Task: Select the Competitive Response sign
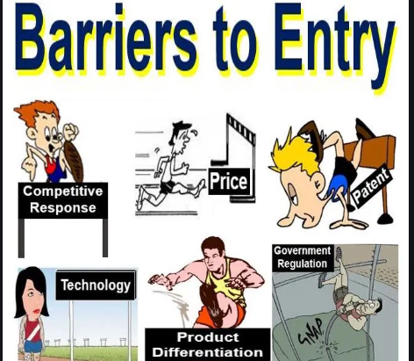tap(63, 199)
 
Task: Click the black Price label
tap(229, 182)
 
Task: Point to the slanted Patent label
tap(371, 187)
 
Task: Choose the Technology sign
tap(96, 285)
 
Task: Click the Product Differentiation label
tap(208, 344)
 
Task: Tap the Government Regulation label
tap(303, 257)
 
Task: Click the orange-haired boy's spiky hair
tap(37, 112)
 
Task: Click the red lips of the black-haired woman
tap(37, 310)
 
